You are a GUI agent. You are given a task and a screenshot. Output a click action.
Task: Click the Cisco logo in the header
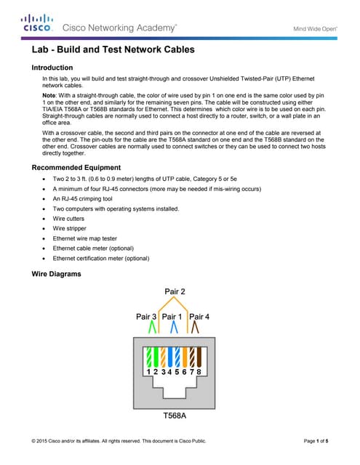36,23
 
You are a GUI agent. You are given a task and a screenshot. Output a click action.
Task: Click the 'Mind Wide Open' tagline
314,29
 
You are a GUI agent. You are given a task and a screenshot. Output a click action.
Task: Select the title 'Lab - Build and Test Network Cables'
113,52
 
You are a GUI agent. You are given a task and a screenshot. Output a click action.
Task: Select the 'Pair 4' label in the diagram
199,317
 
